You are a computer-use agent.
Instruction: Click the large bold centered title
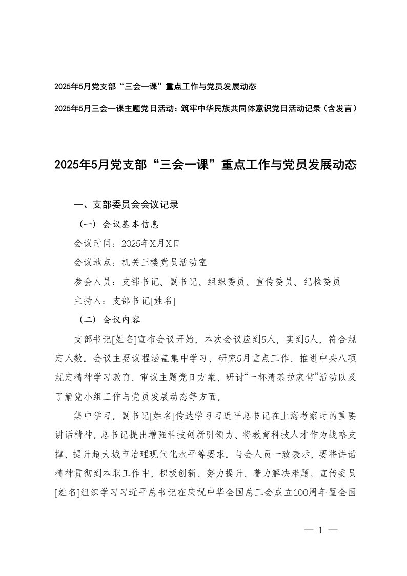click(x=205, y=165)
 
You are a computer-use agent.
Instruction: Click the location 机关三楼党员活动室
click(x=164, y=262)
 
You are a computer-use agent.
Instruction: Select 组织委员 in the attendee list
click(x=227, y=281)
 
